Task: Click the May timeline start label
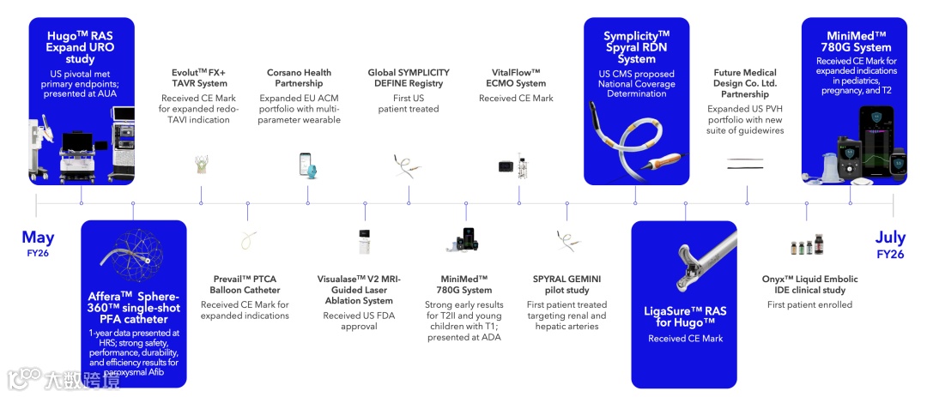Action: [38, 238]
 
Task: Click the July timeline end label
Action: [890, 238]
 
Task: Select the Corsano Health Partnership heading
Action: [299, 78]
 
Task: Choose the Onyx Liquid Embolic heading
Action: [809, 285]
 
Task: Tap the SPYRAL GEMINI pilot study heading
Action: [566, 285]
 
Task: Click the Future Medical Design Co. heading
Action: [745, 83]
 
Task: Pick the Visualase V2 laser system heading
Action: [359, 290]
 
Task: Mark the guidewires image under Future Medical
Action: [744, 163]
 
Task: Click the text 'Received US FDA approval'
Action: [359, 322]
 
